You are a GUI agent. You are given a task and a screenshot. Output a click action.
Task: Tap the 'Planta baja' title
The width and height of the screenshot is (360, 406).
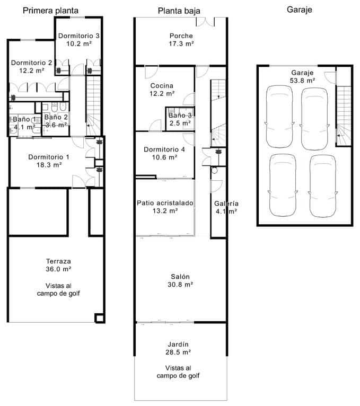click(180, 11)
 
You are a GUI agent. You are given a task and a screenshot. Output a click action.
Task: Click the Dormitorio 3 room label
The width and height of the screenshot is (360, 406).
click(79, 36)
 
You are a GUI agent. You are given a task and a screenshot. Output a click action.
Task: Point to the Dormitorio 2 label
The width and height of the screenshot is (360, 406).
click(31, 63)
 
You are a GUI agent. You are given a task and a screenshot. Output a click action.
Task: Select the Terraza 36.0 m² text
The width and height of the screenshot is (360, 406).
click(58, 269)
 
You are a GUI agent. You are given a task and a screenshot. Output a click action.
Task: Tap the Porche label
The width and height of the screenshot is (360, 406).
click(181, 36)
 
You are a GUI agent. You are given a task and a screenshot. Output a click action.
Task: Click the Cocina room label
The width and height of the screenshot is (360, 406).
click(162, 86)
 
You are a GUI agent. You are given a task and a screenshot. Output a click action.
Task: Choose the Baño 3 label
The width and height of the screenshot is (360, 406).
click(180, 115)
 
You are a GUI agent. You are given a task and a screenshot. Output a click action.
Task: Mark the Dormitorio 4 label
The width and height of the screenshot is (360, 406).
click(164, 149)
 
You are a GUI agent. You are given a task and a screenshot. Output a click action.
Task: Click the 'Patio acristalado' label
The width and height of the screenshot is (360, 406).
click(165, 202)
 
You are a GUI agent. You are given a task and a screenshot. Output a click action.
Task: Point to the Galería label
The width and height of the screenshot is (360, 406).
click(226, 204)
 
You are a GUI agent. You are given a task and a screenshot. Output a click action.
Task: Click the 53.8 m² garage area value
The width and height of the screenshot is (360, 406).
click(302, 81)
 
